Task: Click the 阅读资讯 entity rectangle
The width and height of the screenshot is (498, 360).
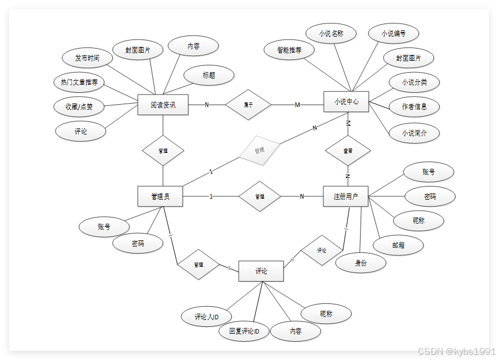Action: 163,105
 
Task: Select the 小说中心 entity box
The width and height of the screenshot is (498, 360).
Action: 346,102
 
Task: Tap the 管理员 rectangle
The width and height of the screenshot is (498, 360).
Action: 160,196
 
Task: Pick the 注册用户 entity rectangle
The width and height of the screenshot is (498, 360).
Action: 346,196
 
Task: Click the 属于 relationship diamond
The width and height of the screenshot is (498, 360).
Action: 248,105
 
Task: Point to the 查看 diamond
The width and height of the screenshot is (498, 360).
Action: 347,151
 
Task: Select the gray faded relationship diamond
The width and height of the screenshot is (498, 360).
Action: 260,151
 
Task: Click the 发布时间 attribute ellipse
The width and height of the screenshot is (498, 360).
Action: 87,58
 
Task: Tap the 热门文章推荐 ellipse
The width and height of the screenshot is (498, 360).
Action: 79,82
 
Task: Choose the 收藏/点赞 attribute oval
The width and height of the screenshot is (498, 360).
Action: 80,106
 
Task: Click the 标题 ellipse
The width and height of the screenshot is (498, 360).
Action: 209,75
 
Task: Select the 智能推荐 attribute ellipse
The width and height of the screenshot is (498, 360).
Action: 290,50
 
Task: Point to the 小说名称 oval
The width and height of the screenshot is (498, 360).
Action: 331,34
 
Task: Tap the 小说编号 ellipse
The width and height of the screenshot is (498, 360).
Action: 393,34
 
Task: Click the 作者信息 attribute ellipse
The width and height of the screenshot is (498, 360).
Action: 413,106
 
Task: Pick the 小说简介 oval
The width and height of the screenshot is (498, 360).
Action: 413,133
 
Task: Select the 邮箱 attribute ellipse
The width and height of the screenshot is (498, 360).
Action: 398,244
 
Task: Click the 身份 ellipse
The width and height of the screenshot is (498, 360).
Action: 361,263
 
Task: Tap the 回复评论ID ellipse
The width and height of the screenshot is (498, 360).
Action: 244,331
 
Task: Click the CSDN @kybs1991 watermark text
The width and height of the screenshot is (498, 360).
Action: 456,351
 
